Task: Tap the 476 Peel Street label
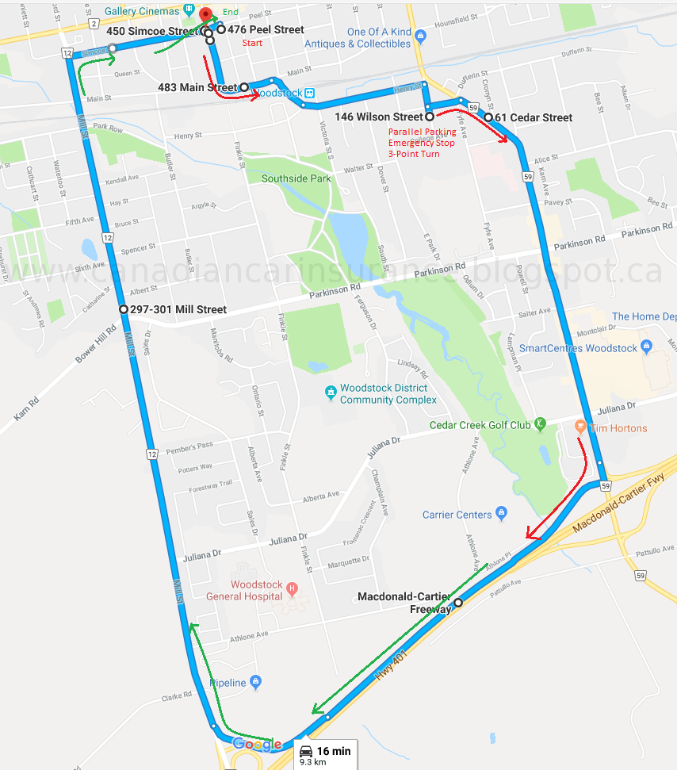[266, 29]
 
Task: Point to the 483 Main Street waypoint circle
[244, 87]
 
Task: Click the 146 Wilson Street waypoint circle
[429, 117]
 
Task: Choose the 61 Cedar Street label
[533, 117]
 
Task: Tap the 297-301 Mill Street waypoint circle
[123, 309]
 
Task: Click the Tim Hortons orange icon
[580, 427]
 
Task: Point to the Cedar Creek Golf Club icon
[541, 423]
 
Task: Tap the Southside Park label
[296, 178]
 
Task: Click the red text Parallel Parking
[422, 132]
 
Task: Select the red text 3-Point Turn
[413, 153]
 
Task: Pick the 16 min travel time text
[334, 750]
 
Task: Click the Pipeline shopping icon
[255, 681]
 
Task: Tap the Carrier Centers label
[457, 515]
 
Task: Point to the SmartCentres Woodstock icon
[647, 347]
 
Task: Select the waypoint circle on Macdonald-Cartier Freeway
[457, 602]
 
